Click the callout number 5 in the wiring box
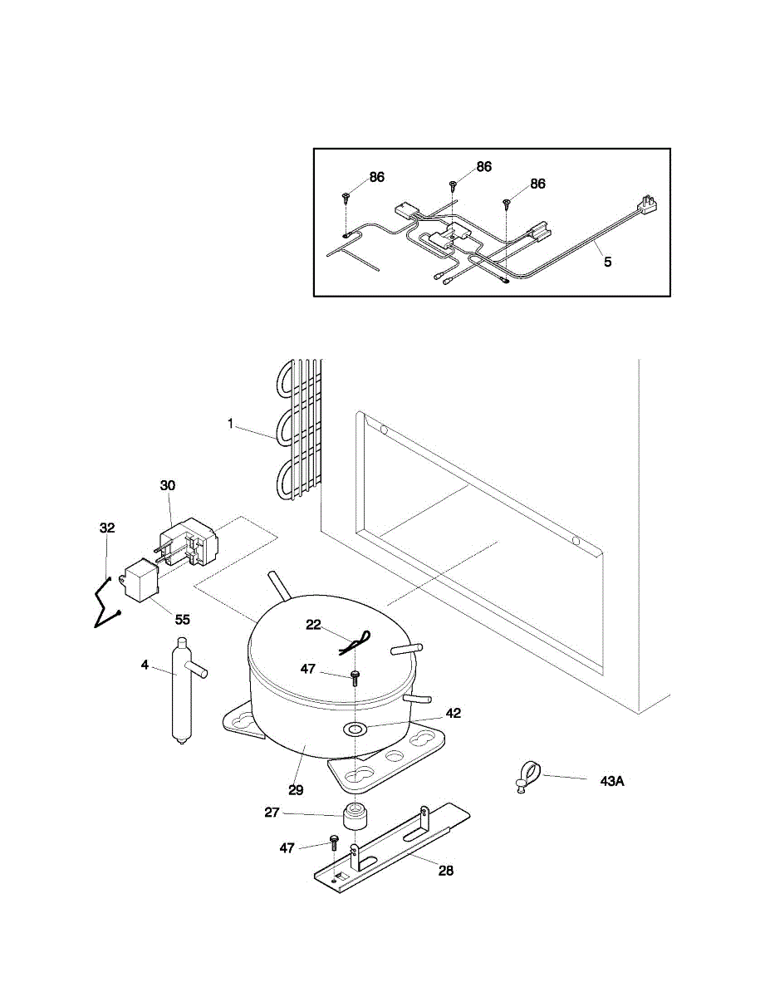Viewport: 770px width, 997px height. tap(608, 262)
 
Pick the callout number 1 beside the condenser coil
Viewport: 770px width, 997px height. tap(230, 423)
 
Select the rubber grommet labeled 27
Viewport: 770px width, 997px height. tap(356, 817)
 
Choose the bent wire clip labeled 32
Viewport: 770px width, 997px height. tap(105, 600)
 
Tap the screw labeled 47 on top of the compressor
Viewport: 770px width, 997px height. tap(355, 677)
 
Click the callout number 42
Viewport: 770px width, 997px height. tap(452, 713)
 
